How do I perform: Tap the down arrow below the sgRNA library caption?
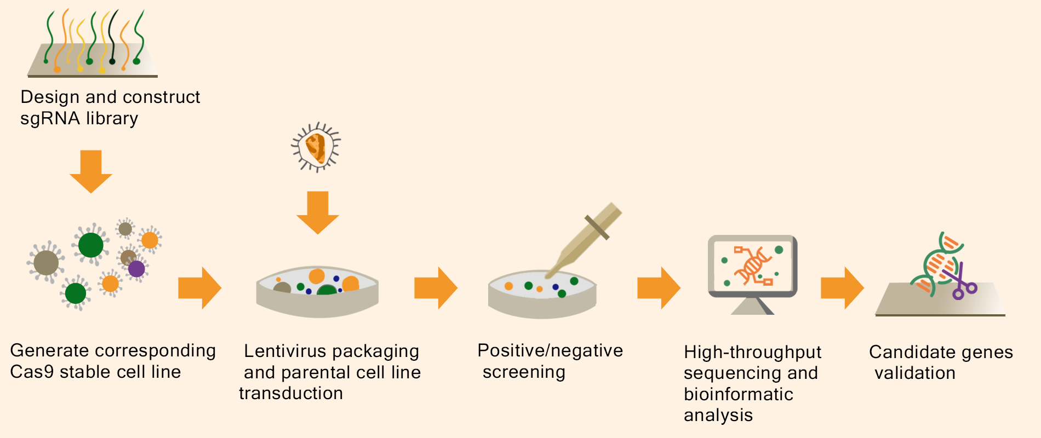click(91, 171)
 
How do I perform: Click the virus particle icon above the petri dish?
click(316, 147)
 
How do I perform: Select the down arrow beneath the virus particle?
click(318, 212)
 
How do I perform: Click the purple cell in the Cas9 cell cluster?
click(136, 269)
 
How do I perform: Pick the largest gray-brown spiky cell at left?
click(46, 262)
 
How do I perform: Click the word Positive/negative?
click(550, 351)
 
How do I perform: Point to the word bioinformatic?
click(739, 394)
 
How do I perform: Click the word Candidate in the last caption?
click(910, 352)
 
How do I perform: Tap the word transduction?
click(291, 394)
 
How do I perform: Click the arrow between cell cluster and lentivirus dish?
click(199, 288)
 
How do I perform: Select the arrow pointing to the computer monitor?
click(658, 288)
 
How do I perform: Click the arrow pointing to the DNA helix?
click(842, 288)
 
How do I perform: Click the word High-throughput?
click(752, 352)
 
